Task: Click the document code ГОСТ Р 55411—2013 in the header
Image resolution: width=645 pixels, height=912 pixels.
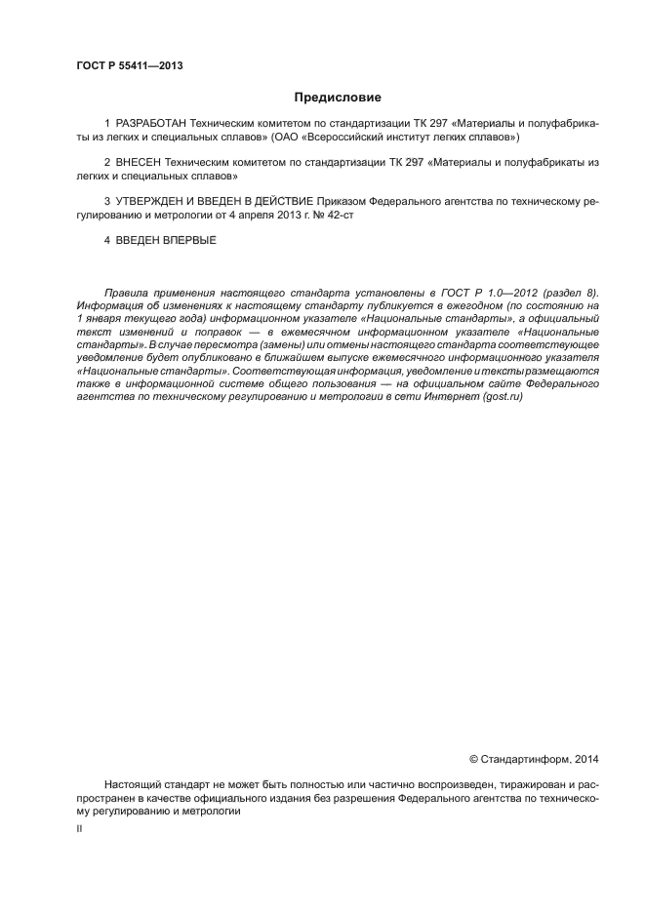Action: [129, 66]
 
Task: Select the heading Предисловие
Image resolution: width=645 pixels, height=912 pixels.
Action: [338, 98]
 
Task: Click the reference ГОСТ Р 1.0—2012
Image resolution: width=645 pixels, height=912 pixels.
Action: [476, 292]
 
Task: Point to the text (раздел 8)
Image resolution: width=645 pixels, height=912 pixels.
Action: [569, 292]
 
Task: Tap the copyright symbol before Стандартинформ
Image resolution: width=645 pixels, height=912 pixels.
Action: [473, 758]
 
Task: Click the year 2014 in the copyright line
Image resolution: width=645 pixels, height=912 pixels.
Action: [585, 758]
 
